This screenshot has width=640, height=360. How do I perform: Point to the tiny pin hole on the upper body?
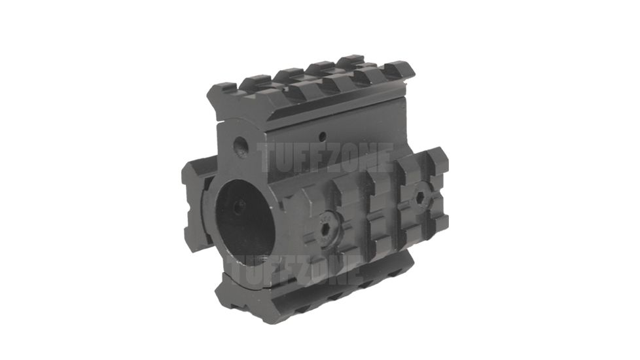point(323,137)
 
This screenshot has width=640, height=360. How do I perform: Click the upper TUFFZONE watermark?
point(325,158)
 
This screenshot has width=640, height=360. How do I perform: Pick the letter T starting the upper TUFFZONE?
point(266,158)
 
